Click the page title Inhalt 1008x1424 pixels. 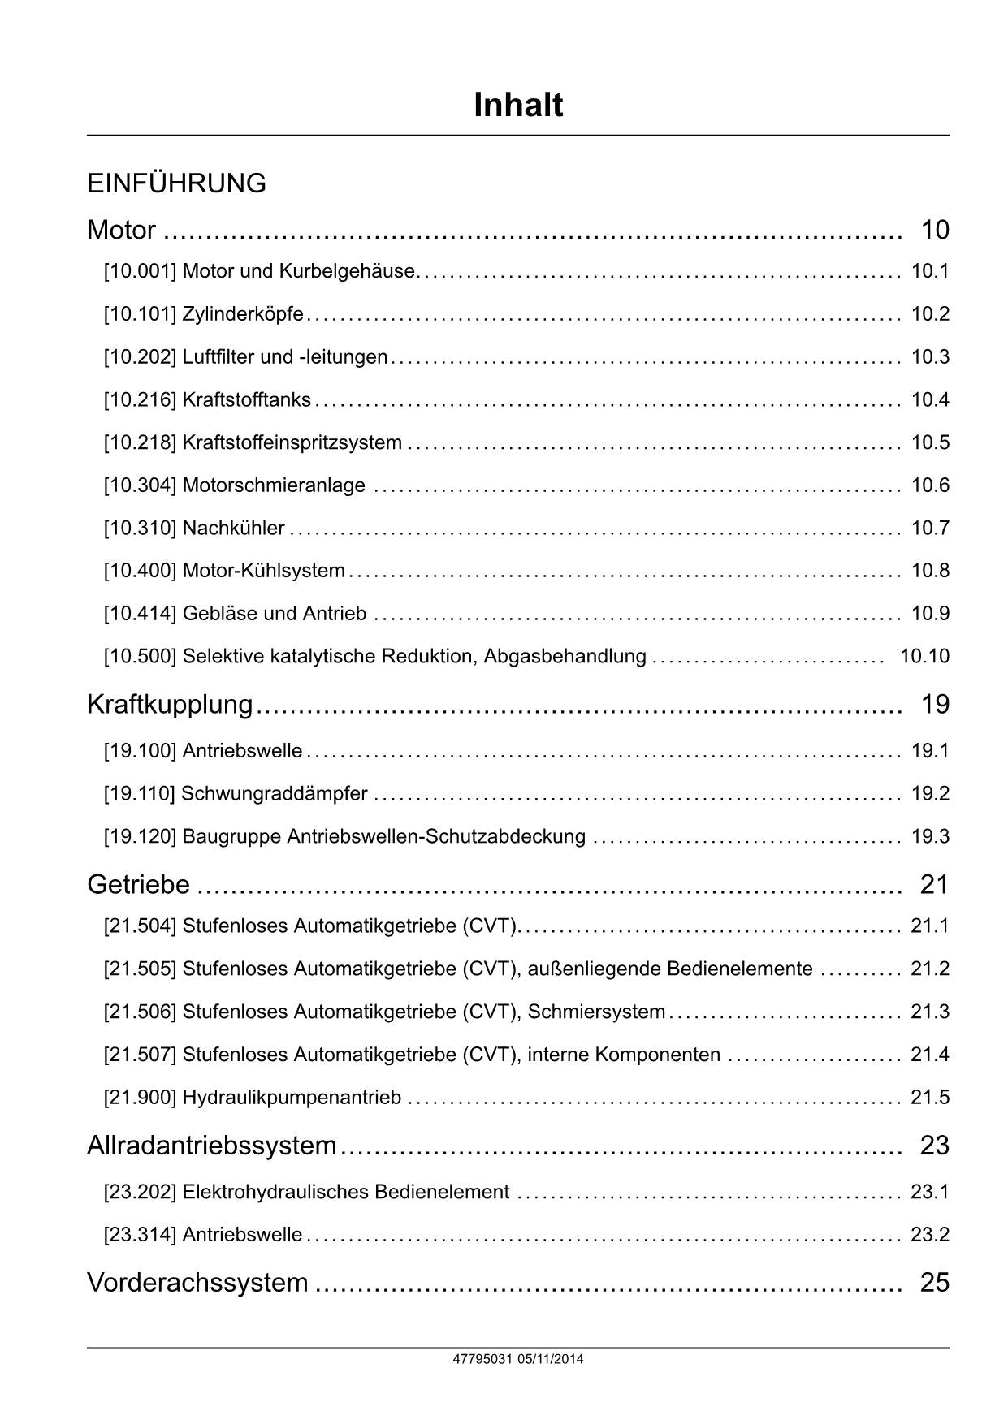(518, 106)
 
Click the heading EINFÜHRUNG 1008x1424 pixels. (176, 183)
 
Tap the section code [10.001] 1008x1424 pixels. (140, 271)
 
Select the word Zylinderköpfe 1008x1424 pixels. (243, 314)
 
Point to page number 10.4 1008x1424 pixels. (930, 399)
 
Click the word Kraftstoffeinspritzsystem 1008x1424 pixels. (292, 442)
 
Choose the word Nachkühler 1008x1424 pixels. (233, 529)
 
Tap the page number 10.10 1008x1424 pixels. (924, 656)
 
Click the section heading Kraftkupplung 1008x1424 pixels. (170, 704)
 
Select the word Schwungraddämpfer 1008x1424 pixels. (275, 793)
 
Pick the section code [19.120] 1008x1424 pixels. (140, 836)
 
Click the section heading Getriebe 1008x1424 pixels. (138, 884)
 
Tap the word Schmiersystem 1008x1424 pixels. (596, 1012)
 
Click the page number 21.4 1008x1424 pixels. (930, 1055)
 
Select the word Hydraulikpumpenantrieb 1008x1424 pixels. (292, 1098)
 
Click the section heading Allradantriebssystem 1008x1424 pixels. (211, 1146)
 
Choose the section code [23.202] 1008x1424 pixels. (140, 1192)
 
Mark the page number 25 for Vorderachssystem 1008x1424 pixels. (934, 1283)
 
